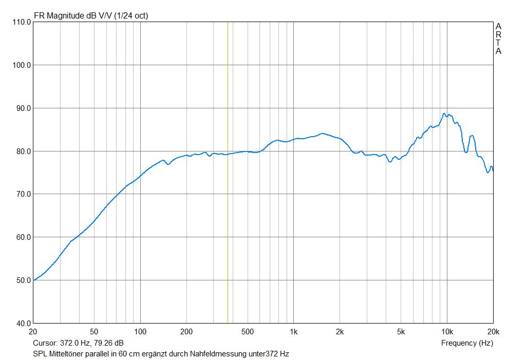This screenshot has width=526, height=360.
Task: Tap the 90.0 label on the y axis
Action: (22, 108)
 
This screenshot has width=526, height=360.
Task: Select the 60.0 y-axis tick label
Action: (22, 237)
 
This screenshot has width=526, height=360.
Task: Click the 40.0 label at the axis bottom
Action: (22, 324)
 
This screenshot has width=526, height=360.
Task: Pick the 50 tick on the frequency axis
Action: (94, 332)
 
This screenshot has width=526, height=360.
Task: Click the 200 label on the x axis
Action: (186, 332)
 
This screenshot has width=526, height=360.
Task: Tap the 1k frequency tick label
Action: (293, 332)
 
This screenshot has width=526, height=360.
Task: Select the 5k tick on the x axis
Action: (401, 332)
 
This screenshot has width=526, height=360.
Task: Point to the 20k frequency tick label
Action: (493, 332)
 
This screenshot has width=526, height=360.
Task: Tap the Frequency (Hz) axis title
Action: (467, 343)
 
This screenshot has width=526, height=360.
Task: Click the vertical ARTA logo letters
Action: (498, 39)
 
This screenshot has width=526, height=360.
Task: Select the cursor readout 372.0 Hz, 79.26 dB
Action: (78, 343)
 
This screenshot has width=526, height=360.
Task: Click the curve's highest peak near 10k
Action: (444, 113)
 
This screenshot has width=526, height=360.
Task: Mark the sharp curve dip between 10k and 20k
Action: (466, 152)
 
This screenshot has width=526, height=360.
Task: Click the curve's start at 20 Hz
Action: (33, 280)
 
